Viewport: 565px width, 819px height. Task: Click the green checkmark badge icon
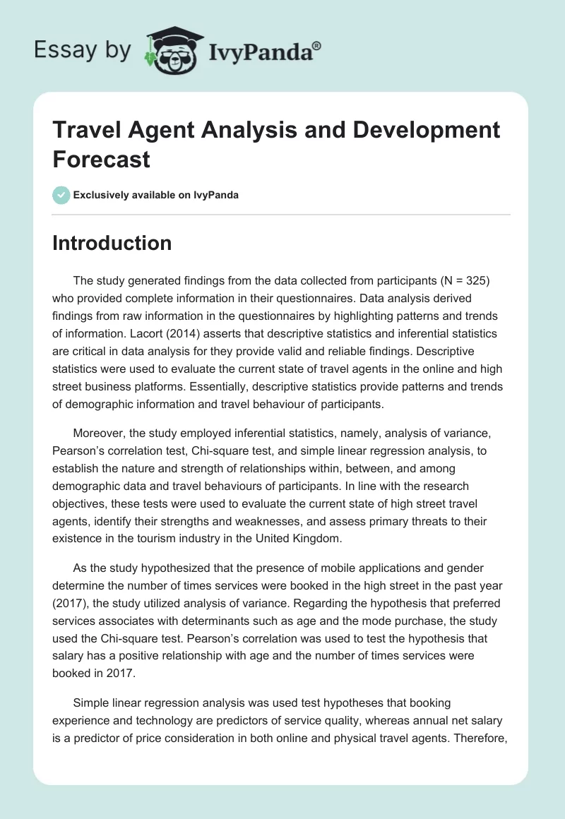click(x=61, y=195)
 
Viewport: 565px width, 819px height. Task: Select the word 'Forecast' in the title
click(x=102, y=159)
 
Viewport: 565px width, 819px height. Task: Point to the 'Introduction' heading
click(x=112, y=243)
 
